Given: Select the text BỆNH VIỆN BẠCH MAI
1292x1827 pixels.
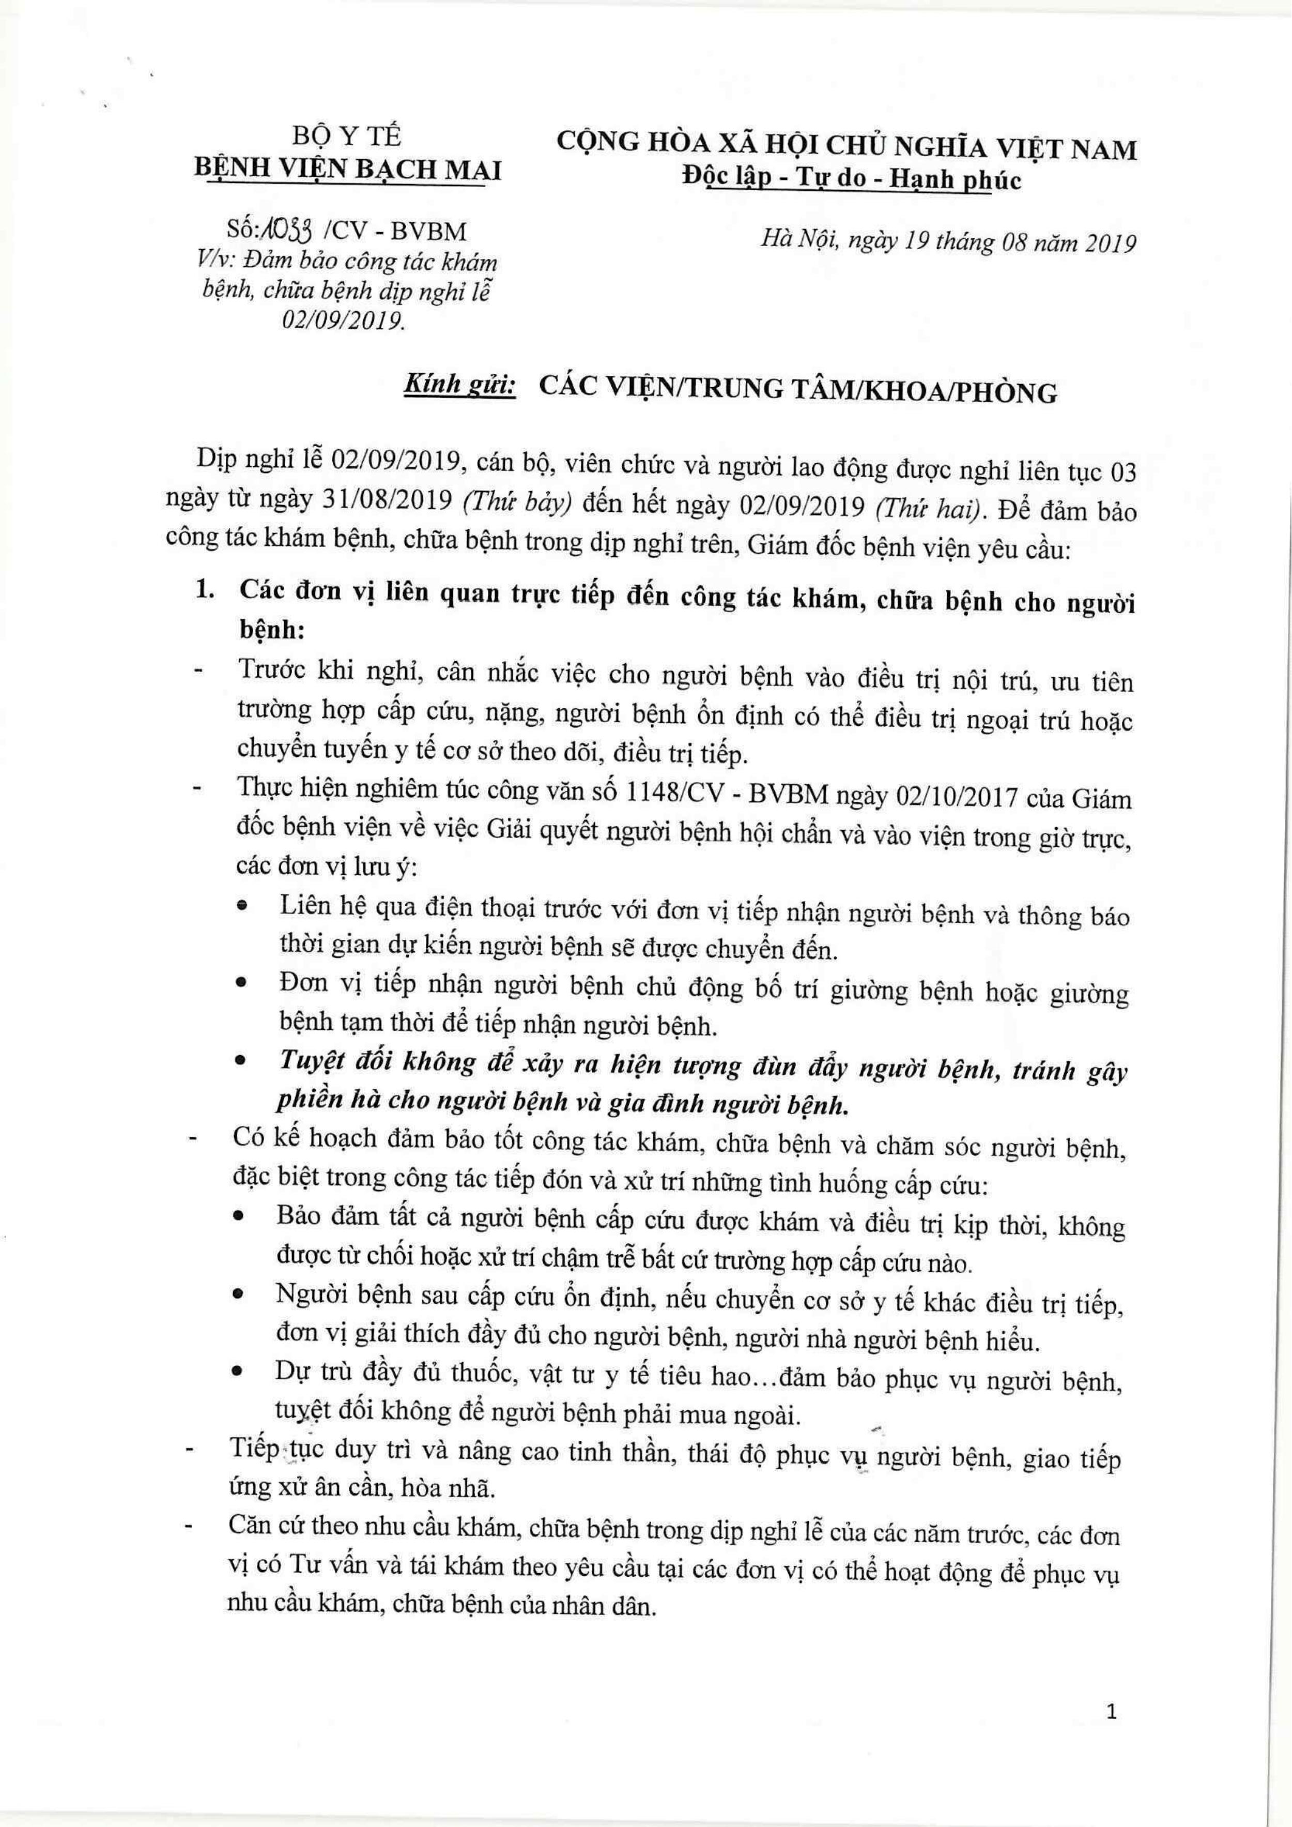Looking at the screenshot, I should [348, 170].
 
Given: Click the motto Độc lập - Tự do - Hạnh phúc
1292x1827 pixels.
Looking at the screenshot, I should [851, 180].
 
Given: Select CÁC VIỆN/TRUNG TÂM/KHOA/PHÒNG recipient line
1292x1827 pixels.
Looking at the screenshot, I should [798, 391].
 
